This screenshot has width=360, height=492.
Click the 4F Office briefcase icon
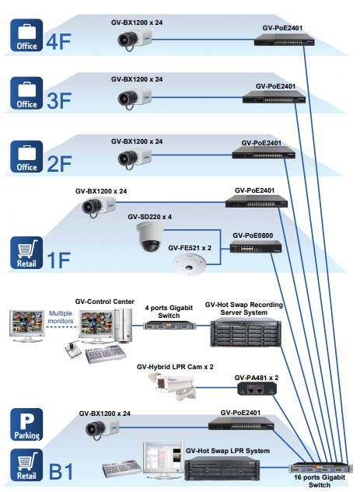tap(26, 35)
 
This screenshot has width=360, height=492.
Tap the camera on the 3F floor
tap(135, 98)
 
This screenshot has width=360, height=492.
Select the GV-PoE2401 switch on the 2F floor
tap(264, 152)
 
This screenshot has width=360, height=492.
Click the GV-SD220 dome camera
tap(150, 236)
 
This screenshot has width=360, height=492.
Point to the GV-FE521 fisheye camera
tap(190, 264)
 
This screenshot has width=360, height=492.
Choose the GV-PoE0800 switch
tap(256, 246)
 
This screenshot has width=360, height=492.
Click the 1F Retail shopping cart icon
tap(26, 253)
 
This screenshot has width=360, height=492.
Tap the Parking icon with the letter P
tap(26, 424)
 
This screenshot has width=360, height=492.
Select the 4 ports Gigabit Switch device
tap(170, 326)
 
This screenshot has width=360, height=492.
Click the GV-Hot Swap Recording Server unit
tap(246, 333)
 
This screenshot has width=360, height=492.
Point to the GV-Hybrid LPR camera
tap(173, 386)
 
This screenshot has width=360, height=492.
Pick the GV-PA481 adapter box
tap(257, 389)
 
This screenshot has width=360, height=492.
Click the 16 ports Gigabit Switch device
tap(318, 468)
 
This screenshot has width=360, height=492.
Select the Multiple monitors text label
tap(61, 317)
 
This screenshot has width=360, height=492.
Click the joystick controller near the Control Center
tap(72, 350)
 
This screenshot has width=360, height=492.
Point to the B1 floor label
tap(61, 472)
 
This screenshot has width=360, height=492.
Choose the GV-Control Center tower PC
tap(124, 326)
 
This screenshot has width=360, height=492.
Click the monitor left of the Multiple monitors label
tap(27, 326)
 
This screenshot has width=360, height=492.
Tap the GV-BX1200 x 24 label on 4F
tap(137, 23)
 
